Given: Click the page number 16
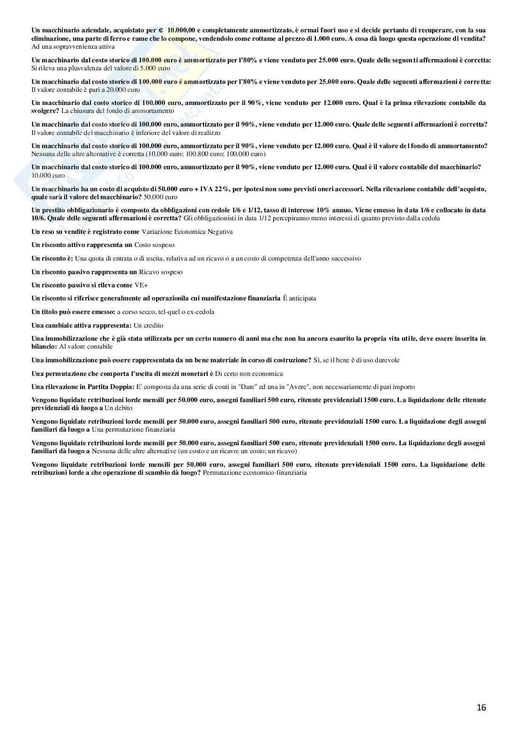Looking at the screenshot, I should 481,708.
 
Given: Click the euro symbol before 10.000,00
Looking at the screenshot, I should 161,30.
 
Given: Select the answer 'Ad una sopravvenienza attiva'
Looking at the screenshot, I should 73,46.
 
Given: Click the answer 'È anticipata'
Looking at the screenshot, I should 299,298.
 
